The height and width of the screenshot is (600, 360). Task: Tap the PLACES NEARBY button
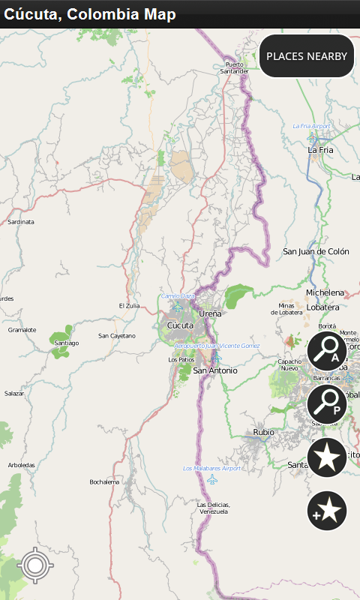pos(307,56)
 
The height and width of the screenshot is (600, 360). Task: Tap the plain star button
pos(327,457)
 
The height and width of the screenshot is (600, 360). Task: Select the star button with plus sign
pos(327,511)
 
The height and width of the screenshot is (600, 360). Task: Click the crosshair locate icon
pos(34,565)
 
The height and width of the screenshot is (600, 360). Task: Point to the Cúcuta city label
pos(180,325)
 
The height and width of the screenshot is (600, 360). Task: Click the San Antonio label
pos(215,370)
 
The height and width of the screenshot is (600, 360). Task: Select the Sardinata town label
pos(21,222)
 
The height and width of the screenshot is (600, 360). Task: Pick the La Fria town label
pos(320,150)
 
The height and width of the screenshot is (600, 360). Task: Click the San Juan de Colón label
pos(316,252)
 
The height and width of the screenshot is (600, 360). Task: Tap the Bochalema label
pos(104,481)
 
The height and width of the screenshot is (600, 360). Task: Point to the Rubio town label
pos(263,432)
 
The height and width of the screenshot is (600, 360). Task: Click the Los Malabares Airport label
pos(212,469)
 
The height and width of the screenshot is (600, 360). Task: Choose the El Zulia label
pos(130,306)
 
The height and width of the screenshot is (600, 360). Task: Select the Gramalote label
pos(22,330)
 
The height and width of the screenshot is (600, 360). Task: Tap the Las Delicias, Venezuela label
pos(214,508)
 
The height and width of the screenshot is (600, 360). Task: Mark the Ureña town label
pos(209,313)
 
